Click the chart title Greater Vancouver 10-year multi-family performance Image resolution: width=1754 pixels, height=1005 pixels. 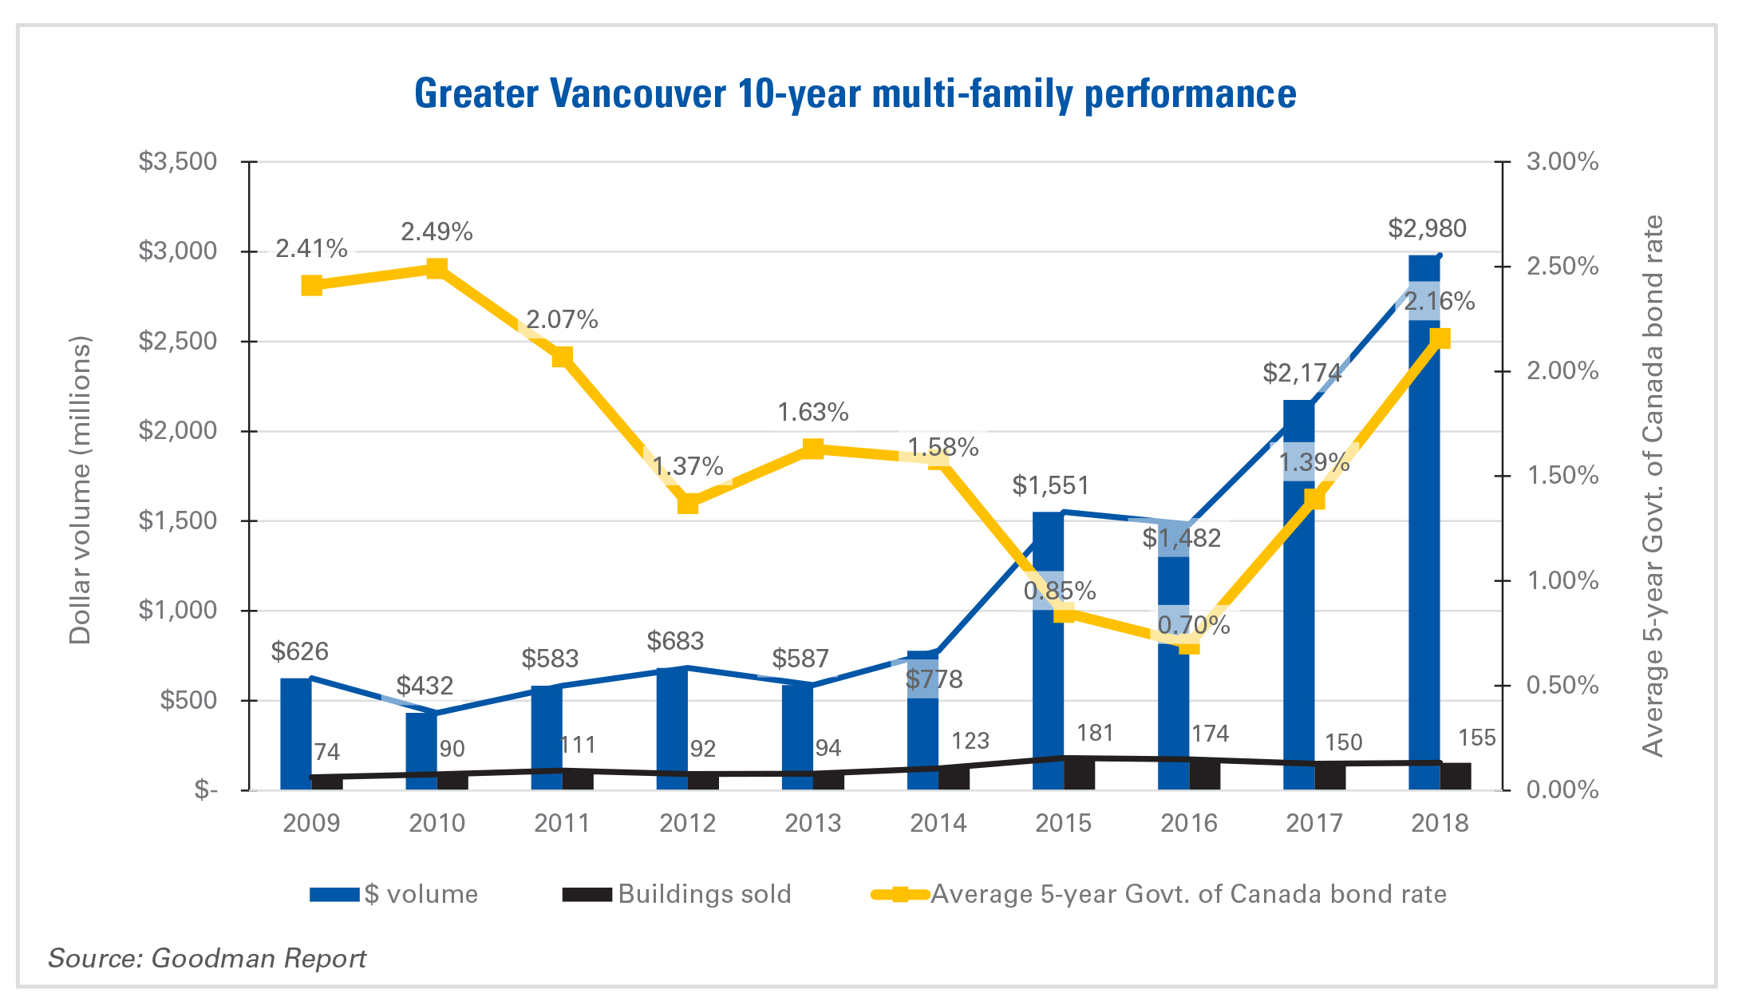(x=855, y=93)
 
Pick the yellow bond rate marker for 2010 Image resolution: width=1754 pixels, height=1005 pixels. (x=437, y=268)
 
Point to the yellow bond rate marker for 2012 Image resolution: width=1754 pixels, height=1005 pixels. (x=688, y=504)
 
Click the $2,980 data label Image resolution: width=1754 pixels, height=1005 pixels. (x=1427, y=229)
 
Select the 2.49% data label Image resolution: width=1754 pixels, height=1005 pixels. (x=437, y=232)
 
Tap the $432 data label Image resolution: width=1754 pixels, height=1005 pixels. (x=425, y=686)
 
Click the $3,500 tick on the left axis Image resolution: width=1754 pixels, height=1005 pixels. (x=177, y=162)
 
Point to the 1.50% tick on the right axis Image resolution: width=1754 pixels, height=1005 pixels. (x=1562, y=476)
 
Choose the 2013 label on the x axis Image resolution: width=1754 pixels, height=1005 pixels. (x=812, y=823)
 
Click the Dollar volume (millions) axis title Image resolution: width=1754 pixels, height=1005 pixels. (x=81, y=489)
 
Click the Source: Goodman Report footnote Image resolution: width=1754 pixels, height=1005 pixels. (x=207, y=958)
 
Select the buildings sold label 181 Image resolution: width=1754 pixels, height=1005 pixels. (x=1094, y=733)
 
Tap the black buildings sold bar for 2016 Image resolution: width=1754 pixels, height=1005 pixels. (x=1205, y=774)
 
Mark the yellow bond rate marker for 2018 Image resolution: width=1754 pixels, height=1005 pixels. (x=1440, y=338)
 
